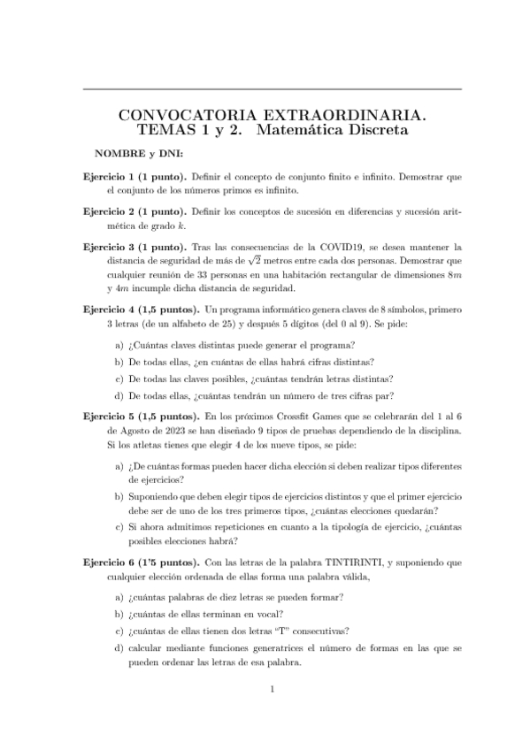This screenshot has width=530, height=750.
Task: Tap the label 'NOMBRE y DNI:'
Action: tap(140, 154)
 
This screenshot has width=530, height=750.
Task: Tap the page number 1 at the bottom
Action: tap(273, 689)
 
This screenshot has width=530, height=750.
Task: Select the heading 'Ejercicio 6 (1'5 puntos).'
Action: tap(140, 562)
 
